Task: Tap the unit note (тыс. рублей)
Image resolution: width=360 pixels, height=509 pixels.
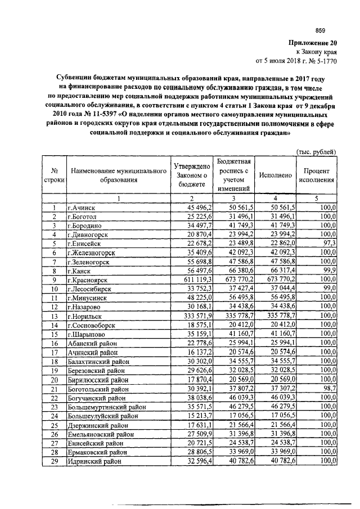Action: tap(316, 151)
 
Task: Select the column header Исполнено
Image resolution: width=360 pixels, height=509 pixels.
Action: tap(276, 175)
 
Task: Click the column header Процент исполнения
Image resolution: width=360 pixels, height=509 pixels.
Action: tap(317, 175)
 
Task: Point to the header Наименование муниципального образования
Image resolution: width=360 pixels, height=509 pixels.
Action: tap(118, 175)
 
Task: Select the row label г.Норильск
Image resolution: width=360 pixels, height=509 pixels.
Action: tap(85, 316)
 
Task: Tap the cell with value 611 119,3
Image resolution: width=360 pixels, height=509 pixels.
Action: tap(191, 280)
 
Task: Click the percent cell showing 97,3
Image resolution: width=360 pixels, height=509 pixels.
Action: tap(329, 244)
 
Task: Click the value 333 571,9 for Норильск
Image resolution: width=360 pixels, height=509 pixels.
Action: tap(191, 316)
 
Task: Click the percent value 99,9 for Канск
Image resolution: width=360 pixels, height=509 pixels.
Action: tap(329, 271)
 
